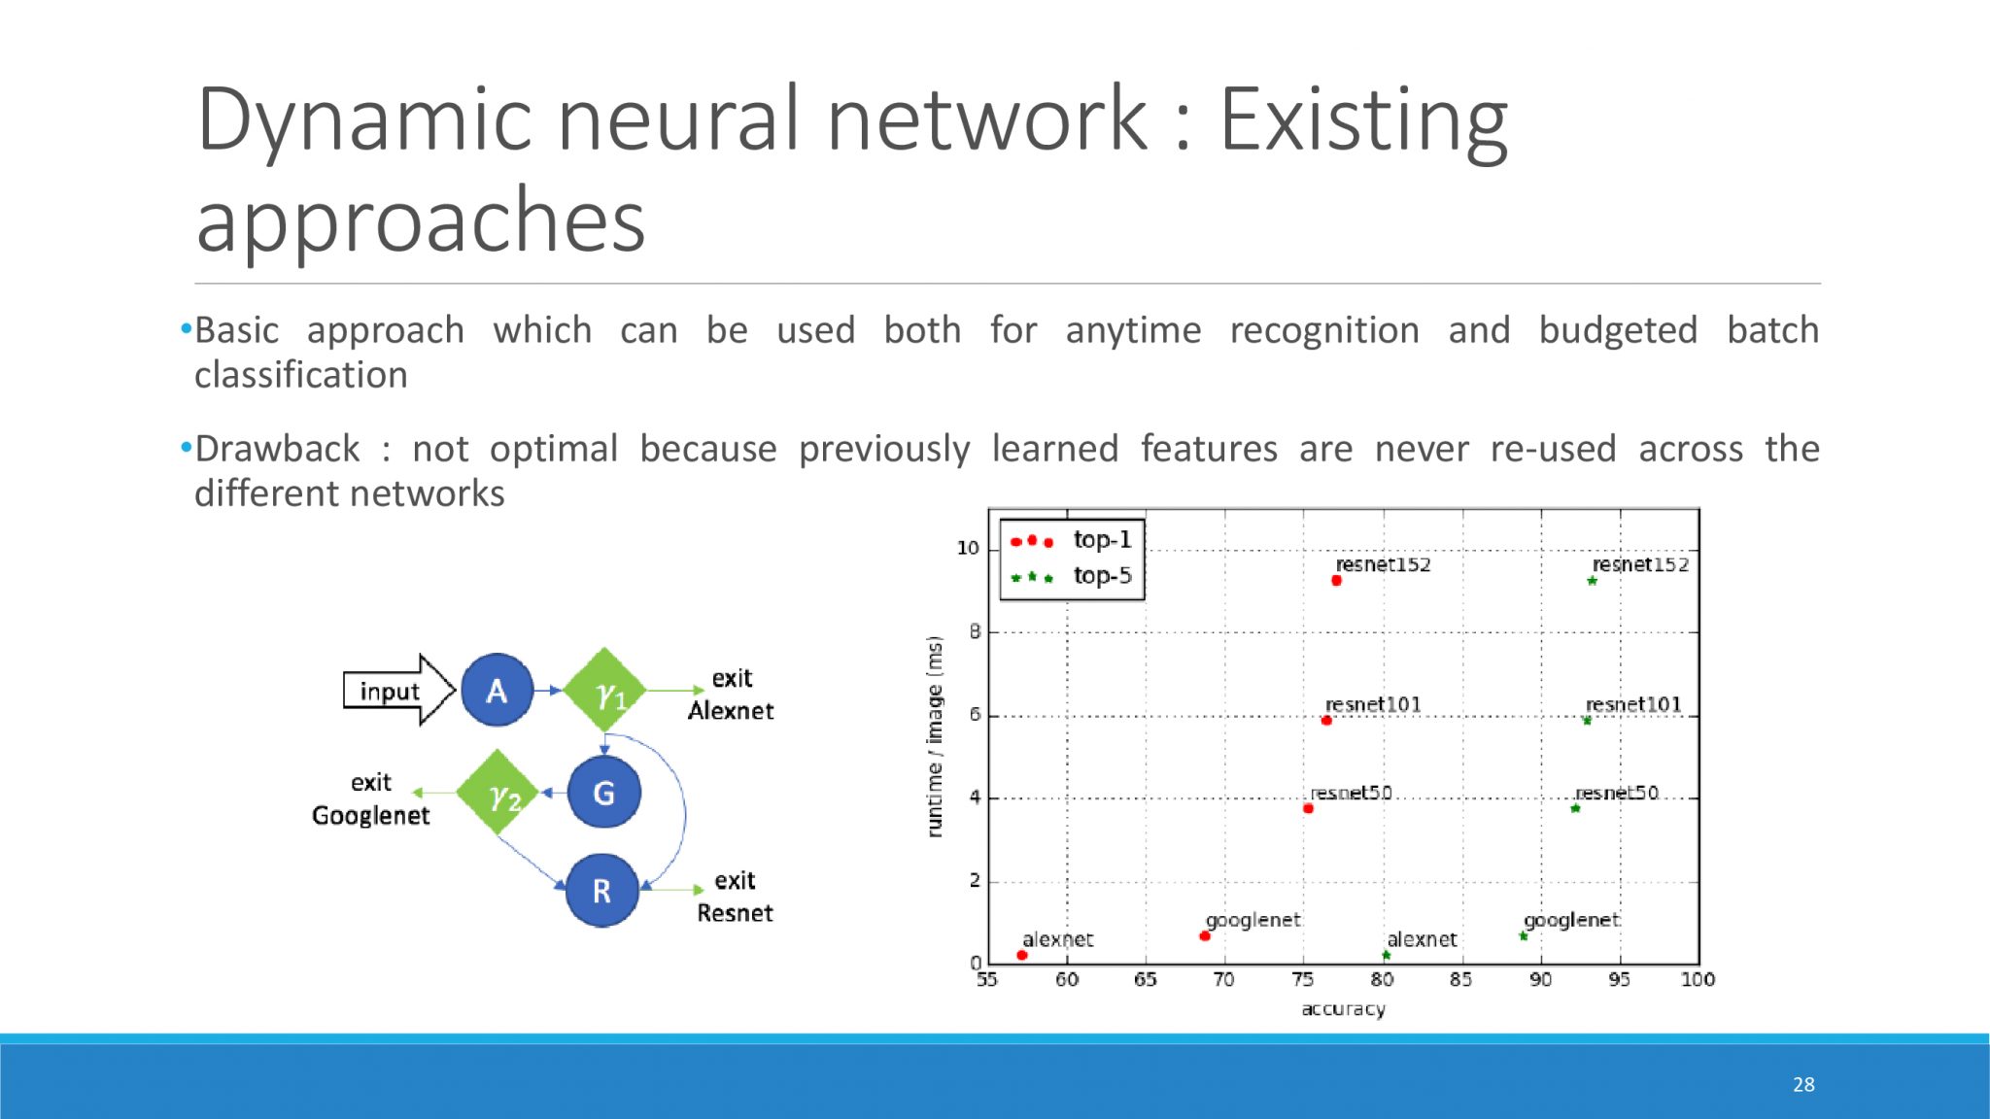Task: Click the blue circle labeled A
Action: coord(497,691)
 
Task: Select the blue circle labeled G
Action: coord(603,793)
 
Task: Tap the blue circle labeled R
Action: coord(602,890)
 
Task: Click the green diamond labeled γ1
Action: coord(605,691)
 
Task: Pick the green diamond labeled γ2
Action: coord(497,793)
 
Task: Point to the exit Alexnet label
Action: coord(731,695)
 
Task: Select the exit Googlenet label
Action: coord(370,798)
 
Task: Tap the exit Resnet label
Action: coord(735,897)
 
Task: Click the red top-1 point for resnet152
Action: coord(1336,581)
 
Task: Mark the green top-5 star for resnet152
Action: coord(1592,581)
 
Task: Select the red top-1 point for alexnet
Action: coord(1021,956)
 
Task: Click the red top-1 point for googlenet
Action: coord(1205,936)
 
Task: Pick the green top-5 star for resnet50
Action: coord(1575,808)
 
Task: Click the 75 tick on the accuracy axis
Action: coord(1303,979)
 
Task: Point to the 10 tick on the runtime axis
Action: coord(968,549)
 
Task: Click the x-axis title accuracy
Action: coord(1343,1009)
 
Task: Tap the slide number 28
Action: coord(1803,1084)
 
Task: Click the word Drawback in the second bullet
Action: coord(277,449)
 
